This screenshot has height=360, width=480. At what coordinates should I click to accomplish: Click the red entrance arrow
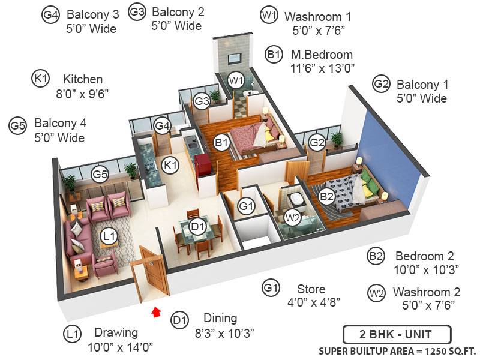(157, 311)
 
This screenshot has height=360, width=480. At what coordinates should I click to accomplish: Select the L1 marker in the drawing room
(109, 237)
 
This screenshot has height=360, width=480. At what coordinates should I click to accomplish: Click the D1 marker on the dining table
(198, 227)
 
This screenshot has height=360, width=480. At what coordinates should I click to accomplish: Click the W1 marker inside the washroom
(236, 79)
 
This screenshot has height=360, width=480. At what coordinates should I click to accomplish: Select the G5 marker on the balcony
(100, 175)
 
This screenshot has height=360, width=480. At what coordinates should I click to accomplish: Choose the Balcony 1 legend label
(422, 85)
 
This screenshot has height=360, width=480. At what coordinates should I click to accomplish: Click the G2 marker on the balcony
(317, 142)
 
